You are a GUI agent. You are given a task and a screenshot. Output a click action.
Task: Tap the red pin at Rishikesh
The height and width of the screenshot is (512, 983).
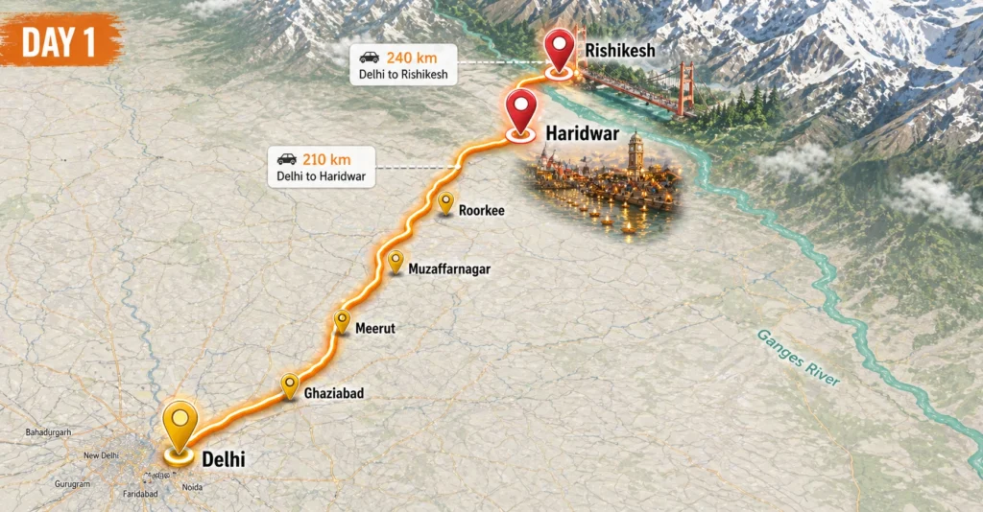559,48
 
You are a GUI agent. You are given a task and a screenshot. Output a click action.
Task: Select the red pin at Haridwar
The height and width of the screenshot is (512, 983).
520,110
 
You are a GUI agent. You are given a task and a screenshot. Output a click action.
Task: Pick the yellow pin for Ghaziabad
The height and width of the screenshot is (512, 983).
289,384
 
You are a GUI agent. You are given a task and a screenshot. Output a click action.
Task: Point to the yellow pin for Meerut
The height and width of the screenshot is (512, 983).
342,321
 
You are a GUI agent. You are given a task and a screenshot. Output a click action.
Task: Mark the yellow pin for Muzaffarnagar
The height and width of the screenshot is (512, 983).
396,261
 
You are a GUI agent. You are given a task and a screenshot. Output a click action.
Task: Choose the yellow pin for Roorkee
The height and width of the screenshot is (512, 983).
445,201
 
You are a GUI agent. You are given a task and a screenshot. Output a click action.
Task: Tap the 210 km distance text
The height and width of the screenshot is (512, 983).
326,159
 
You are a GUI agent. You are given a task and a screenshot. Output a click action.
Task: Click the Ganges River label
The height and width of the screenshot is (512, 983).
798,358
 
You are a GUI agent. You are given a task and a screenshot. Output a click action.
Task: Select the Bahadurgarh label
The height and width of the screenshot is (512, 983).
48,433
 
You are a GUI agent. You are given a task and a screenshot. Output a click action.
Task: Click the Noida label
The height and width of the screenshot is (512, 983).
192,487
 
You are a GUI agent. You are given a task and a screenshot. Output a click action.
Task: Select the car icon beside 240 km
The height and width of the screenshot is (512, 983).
369,57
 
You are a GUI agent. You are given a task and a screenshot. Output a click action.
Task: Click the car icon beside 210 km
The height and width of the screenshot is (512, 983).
286,159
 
